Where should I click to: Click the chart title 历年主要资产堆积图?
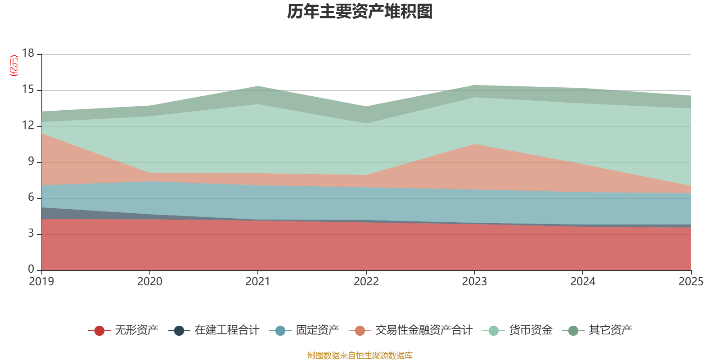coord(360,12)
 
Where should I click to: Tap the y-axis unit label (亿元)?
coord(14,66)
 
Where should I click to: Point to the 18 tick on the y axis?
coord(28,54)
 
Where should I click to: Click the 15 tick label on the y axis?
coord(28,90)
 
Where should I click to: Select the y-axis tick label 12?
coord(28,126)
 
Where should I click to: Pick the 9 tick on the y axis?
coord(31,162)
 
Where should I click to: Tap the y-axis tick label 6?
coord(31,198)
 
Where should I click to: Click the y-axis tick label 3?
coord(31,234)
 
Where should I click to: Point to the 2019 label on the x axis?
coord(41,282)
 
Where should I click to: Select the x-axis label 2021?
coord(258,282)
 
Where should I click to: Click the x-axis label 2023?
coord(474,282)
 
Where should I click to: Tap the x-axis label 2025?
coord(691,282)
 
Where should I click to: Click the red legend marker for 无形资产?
coord(99,331)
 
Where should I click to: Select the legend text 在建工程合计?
coord(227,330)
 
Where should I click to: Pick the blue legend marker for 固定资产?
coord(280,331)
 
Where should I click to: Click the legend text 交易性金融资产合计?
coord(424,330)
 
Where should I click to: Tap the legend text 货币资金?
coord(531,330)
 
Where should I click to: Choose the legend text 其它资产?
coord(611,330)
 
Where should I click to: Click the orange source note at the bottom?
coord(360,355)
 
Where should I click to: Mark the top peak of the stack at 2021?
coord(258,86)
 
